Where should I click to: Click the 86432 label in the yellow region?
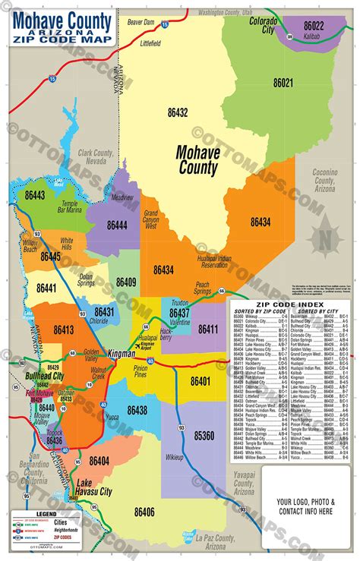click(x=178, y=112)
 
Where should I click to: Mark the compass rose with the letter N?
click(x=327, y=235)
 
